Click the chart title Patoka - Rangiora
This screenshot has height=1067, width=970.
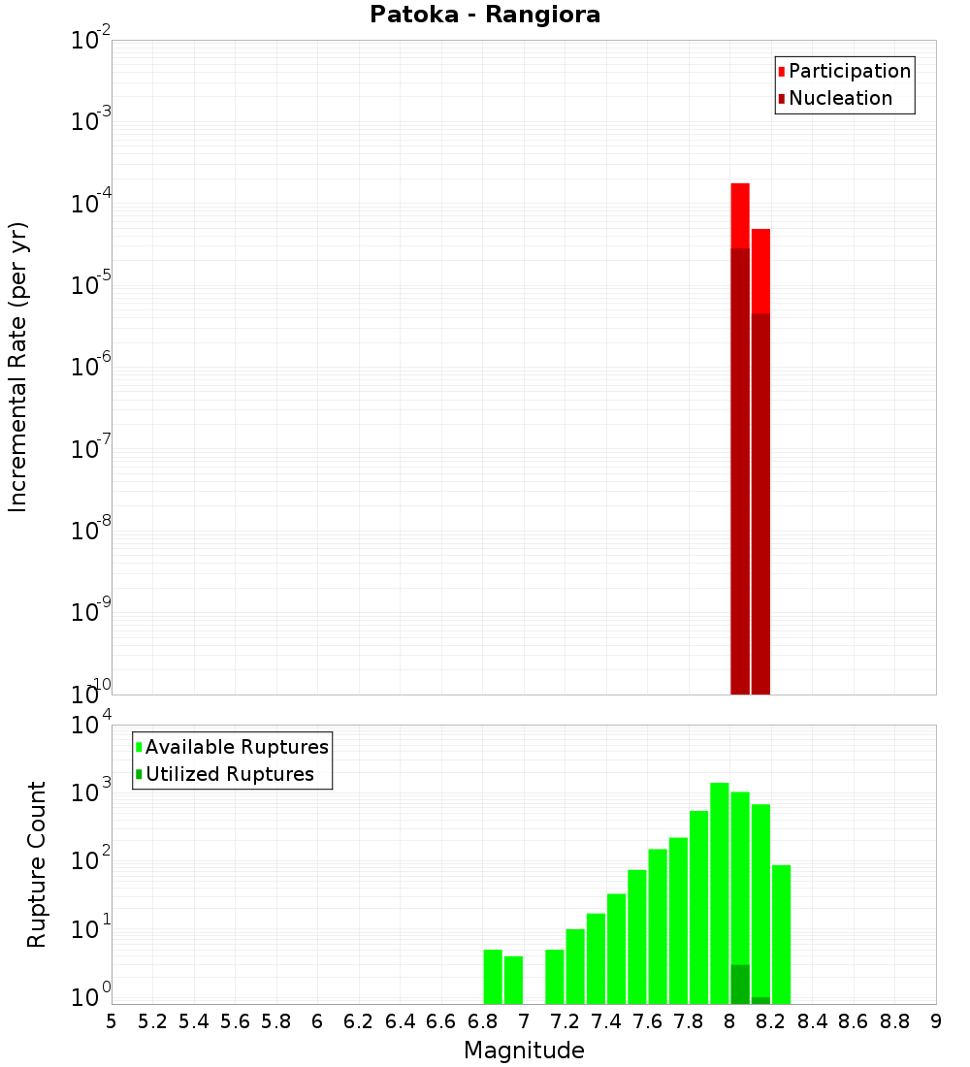[x=485, y=15]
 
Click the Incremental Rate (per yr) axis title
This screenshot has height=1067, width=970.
[x=18, y=367]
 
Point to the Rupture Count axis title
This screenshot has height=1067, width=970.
[x=37, y=863]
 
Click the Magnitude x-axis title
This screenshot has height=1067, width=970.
[x=524, y=1051]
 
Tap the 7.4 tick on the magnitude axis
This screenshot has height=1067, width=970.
[x=606, y=1020]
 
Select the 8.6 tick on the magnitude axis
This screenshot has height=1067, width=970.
[x=854, y=1020]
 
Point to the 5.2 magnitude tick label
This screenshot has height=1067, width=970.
[x=152, y=1020]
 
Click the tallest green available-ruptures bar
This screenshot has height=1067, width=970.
[x=720, y=892]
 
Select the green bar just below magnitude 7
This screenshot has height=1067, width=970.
[x=513, y=980]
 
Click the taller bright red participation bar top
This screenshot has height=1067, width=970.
[x=740, y=186]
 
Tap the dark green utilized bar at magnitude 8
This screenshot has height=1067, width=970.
[x=740, y=984]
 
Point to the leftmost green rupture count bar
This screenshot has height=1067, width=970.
[x=493, y=977]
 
